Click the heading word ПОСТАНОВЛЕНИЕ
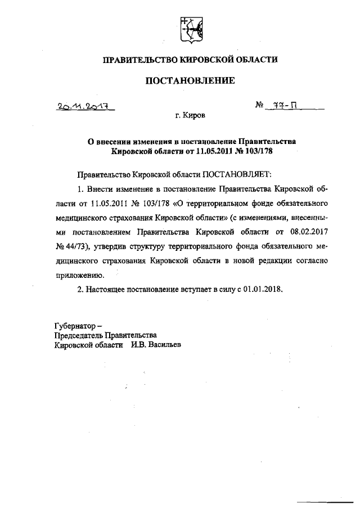[x=190, y=81]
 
